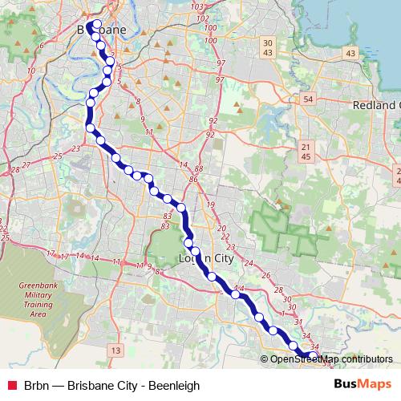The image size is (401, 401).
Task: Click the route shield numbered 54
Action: [x=307, y=98]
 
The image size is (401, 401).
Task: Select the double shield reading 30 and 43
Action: [x=268, y=47]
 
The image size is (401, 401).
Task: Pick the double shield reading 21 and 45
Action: [x=306, y=152]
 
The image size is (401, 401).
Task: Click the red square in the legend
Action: [x=12, y=386]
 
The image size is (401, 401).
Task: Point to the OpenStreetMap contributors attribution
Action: [x=331, y=359]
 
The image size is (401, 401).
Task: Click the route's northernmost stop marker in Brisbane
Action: [x=97, y=24]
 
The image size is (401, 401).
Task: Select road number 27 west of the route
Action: [x=26, y=164]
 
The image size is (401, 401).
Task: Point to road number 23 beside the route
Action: [x=75, y=148]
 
